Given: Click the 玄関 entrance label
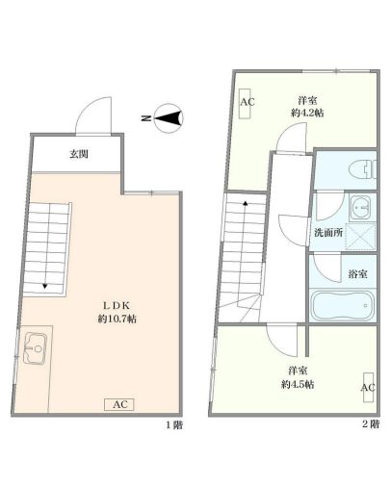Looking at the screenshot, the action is pos(79,154).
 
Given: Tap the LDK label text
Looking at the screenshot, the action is pos(117,306).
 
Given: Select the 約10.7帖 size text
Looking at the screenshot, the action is pos(117,319).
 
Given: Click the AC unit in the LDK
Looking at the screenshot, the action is pos(119,404).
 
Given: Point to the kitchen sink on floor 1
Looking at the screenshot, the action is pos(36,348).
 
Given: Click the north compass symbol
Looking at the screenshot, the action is pos(169,118).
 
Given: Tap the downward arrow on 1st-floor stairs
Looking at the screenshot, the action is pos(45,286).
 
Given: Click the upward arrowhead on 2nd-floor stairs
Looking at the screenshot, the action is pos(246,203).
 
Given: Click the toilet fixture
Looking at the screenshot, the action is pos(362,169).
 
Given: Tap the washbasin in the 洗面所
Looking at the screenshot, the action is pos(360,208).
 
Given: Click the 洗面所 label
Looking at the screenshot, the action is pos(328,233).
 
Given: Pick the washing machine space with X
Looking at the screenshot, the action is pos(360,236).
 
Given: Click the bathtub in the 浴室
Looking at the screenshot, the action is pos(343,305).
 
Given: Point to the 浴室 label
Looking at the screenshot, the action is pos(358,274).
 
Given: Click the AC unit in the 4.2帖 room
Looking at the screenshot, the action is pos(246,102).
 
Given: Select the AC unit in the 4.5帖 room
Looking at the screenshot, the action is pos(369,387).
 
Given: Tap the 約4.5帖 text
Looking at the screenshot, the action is pos(298,384).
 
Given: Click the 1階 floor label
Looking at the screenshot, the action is pos(174,425).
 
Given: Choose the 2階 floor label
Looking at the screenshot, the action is pos(371,424).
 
